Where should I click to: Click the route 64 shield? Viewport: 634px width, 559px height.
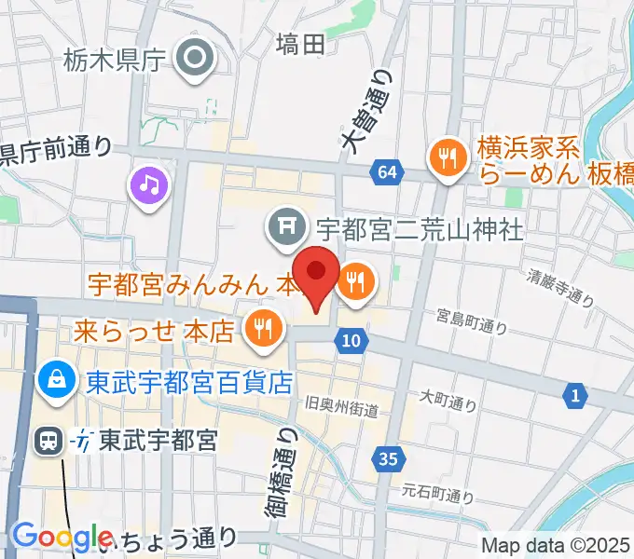[x=388, y=171]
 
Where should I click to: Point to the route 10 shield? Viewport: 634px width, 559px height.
[x=351, y=341]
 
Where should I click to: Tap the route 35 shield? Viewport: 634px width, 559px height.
[x=388, y=457]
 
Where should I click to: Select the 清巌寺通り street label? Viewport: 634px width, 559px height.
[x=559, y=286]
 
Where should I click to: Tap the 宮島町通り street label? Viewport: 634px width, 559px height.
[x=472, y=322]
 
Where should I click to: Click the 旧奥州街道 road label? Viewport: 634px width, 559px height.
[x=341, y=407]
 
